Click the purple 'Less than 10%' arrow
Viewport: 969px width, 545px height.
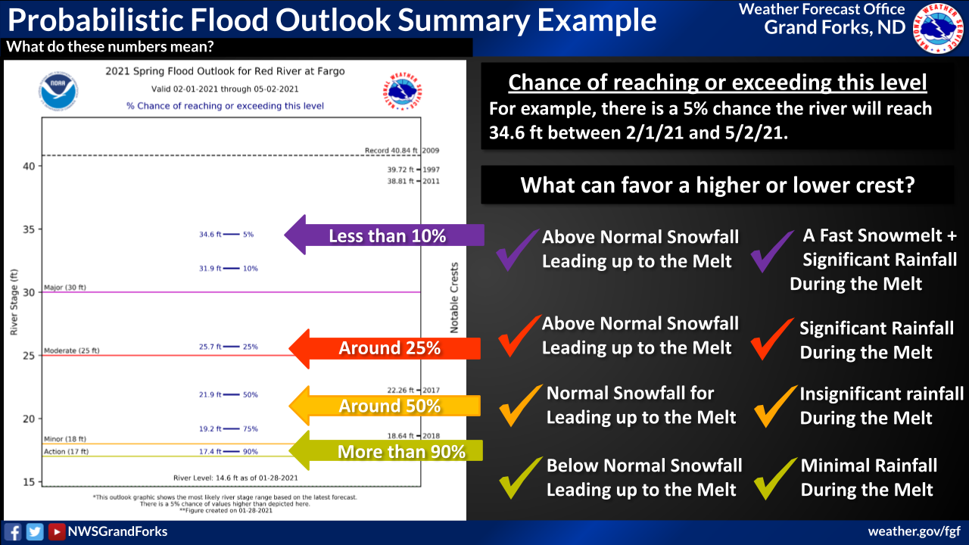(384, 235)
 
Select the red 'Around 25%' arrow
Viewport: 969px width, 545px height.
(385, 349)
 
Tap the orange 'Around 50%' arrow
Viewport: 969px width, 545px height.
(385, 406)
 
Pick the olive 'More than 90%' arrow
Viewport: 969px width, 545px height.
(385, 450)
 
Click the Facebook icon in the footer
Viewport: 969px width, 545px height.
(13, 531)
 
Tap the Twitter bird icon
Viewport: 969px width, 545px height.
(35, 531)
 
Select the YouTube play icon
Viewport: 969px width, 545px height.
(56, 531)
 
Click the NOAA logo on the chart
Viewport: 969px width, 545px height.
(58, 92)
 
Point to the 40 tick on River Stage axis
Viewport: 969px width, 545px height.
(29, 167)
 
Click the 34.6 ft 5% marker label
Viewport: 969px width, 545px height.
(226, 235)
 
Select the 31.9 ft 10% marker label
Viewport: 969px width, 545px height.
(229, 269)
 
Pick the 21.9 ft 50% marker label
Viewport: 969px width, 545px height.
(229, 395)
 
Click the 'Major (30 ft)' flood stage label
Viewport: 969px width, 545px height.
(65, 288)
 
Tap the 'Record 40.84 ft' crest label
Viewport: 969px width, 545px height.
(391, 151)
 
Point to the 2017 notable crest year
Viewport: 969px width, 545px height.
(431, 390)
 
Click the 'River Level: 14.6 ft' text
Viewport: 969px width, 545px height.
(235, 478)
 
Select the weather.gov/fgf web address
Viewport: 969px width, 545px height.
(914, 531)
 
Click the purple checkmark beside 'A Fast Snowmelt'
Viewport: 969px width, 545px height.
(773, 251)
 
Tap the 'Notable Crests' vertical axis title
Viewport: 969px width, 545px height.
(454, 298)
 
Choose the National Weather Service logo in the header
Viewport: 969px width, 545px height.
(938, 29)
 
